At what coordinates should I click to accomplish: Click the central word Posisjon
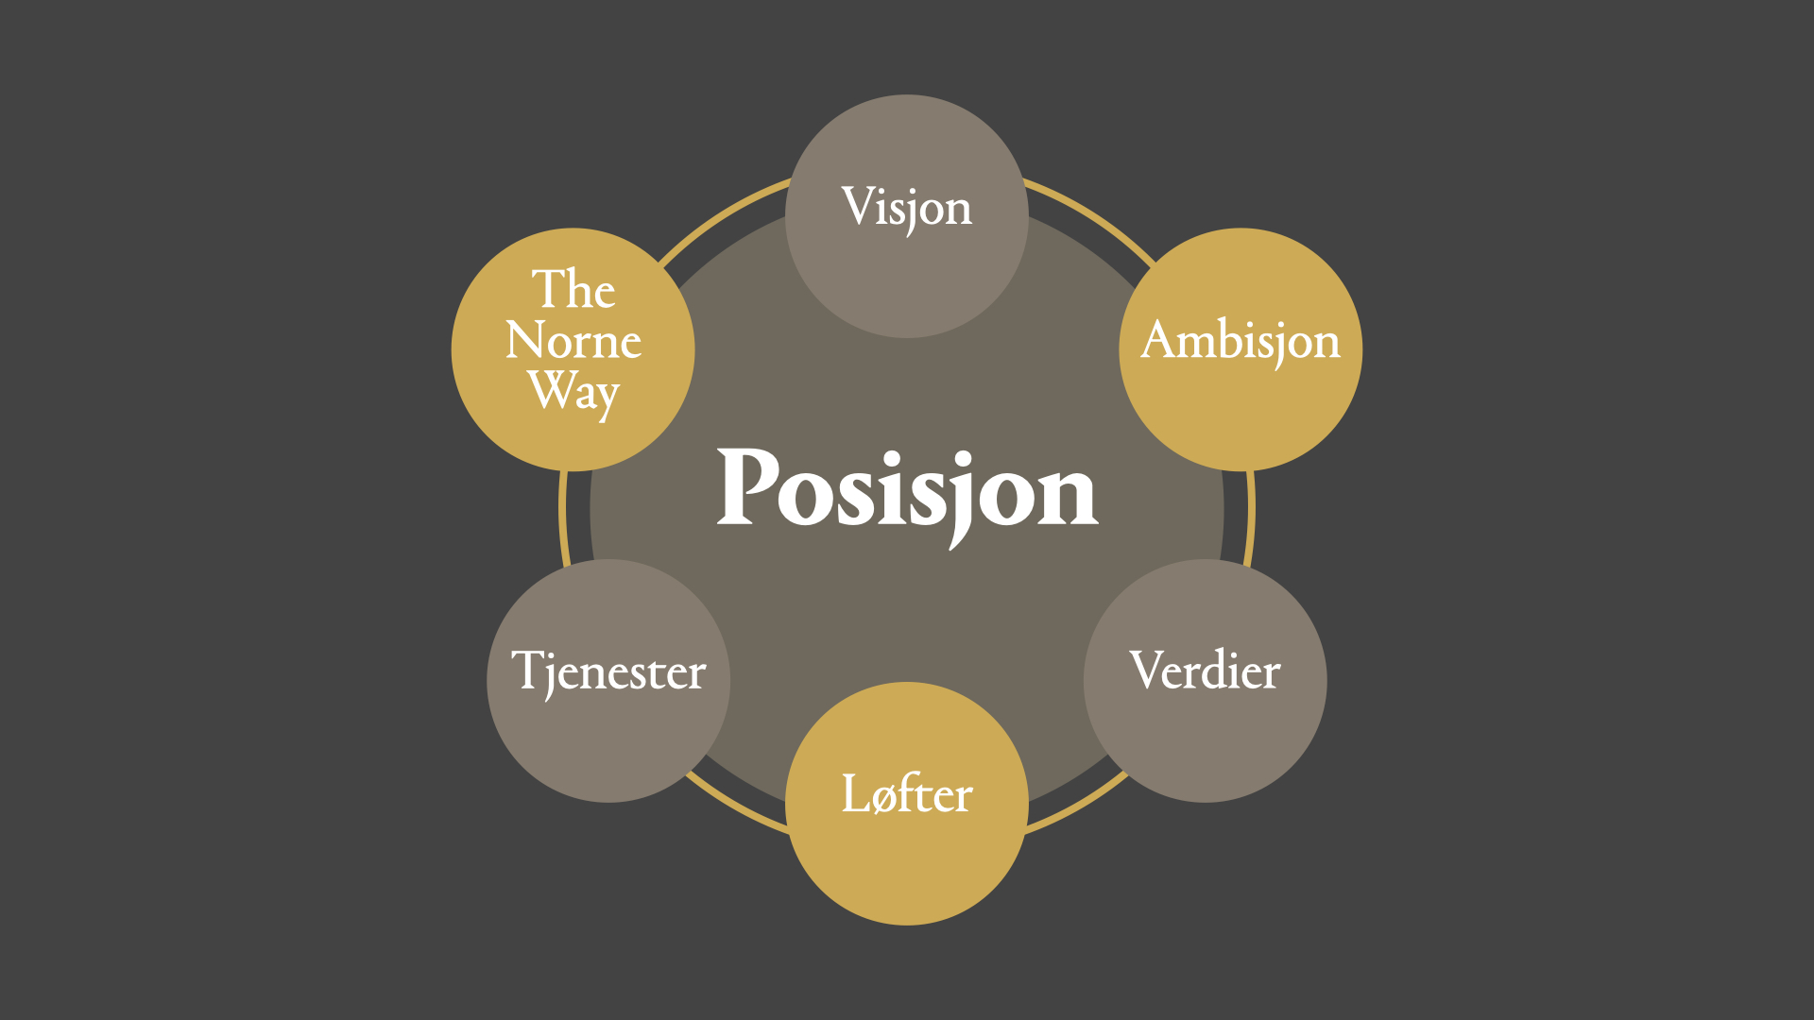click(907, 491)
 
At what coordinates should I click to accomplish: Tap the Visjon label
click(907, 208)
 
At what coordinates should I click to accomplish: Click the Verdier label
click(1205, 671)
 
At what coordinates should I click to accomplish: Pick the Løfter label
click(907, 794)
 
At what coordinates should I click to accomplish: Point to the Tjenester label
click(608, 671)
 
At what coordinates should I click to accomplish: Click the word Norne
click(573, 341)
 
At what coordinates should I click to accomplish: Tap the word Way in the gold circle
click(573, 391)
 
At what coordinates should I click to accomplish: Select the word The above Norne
click(573, 289)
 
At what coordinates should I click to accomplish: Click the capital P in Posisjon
click(748, 486)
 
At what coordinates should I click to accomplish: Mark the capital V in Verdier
click(1147, 670)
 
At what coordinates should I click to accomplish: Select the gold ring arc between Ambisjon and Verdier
click(1250, 515)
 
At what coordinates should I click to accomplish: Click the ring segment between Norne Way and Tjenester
click(563, 515)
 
